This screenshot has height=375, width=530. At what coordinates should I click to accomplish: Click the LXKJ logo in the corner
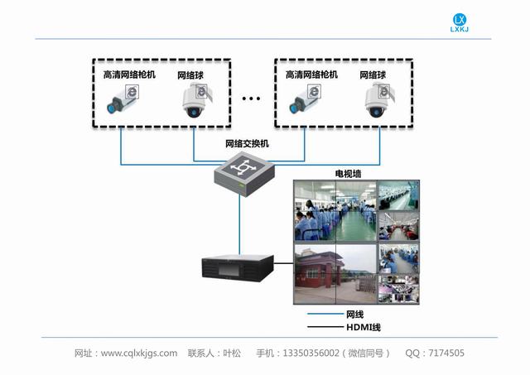(x=460, y=22)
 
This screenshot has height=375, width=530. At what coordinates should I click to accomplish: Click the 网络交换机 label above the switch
(x=247, y=144)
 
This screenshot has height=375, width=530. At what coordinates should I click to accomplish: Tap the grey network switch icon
(x=244, y=174)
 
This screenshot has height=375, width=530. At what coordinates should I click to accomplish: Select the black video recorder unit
(x=238, y=268)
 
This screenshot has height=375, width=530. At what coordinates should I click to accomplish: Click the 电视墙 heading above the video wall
(x=348, y=174)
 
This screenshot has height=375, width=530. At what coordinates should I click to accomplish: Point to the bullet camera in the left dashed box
(x=123, y=99)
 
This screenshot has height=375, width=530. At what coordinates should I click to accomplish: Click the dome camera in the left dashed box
(x=197, y=100)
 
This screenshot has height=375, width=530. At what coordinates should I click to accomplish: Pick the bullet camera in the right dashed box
(x=305, y=99)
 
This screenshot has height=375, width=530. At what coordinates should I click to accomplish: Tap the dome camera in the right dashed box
(x=379, y=100)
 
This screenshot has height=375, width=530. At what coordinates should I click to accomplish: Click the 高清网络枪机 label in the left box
(x=129, y=75)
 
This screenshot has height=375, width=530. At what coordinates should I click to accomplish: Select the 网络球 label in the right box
(x=373, y=75)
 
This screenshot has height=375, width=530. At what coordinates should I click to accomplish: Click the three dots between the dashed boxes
(x=251, y=99)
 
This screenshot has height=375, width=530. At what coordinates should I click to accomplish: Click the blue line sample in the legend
(x=325, y=314)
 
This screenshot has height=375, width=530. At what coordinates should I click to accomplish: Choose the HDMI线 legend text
(x=364, y=327)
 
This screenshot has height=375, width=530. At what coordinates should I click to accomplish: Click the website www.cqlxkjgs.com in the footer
(x=139, y=353)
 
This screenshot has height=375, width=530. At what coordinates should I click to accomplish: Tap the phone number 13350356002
(x=311, y=353)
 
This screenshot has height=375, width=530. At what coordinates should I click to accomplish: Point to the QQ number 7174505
(x=446, y=353)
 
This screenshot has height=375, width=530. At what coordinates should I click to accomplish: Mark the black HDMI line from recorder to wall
(x=283, y=263)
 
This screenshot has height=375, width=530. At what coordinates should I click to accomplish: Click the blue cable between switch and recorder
(x=239, y=225)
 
